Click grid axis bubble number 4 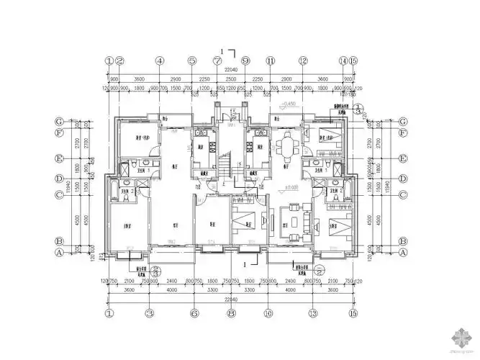coord(160,61)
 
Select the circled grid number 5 coord(192,61)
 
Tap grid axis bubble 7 coord(217,61)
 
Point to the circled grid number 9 coord(245,61)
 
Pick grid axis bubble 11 coord(271,61)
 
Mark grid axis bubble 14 coord(343,61)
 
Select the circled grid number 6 coord(194,314)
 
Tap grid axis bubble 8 coord(231,314)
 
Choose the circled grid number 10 coord(268,314)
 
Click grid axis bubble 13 coord(312,314)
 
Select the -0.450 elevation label coord(292,104)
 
